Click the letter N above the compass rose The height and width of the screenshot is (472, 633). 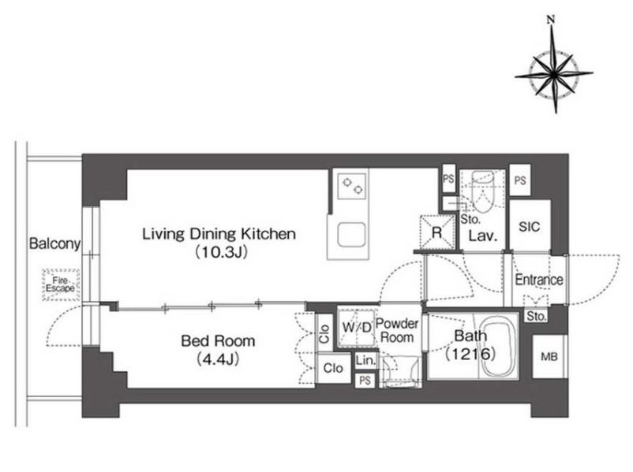(551, 19)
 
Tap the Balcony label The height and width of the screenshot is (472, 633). (54, 243)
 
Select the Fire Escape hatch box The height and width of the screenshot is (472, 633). (61, 284)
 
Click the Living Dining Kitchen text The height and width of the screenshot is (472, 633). (219, 234)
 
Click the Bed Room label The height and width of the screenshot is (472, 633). (218, 341)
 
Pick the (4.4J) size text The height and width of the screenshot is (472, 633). (218, 359)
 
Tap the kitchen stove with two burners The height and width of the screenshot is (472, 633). (352, 186)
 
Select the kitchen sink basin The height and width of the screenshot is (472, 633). (351, 235)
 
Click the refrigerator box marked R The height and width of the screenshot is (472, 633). (437, 232)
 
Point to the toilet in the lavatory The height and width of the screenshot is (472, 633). (482, 191)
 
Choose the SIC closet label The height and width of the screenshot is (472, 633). (529, 227)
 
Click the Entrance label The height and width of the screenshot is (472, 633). (539, 280)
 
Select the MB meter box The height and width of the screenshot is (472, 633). (549, 357)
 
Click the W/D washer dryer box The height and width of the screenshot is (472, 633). (357, 328)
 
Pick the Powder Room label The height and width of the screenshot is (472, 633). (397, 330)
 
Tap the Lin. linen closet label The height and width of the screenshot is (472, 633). (365, 361)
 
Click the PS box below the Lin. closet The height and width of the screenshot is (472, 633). (365, 381)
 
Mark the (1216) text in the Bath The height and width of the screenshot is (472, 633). (470, 354)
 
